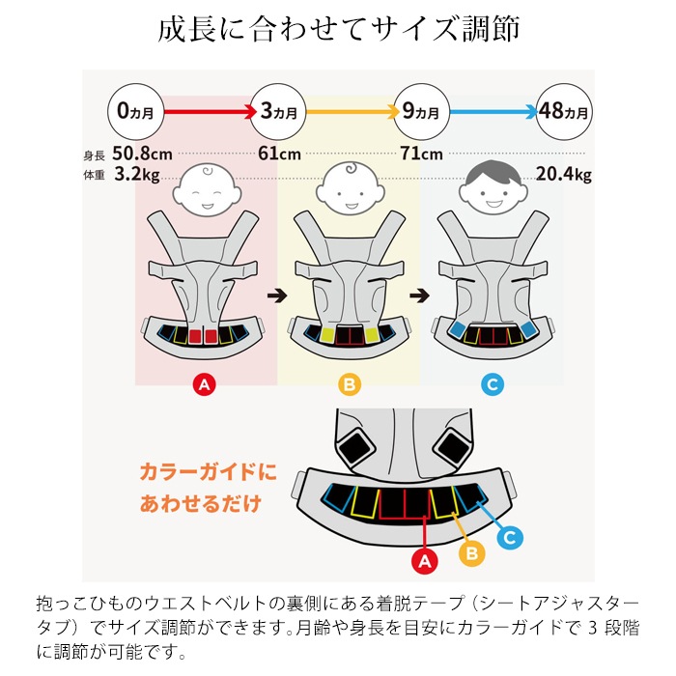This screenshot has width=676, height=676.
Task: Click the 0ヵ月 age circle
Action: click(136, 112)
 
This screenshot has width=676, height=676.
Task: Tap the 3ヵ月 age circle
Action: click(278, 112)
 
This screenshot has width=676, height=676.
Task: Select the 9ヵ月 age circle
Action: click(421, 112)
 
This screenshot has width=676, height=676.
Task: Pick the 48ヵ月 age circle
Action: click(564, 112)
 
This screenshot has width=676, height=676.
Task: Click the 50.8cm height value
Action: click(142, 154)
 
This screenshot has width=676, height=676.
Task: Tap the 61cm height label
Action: click(279, 154)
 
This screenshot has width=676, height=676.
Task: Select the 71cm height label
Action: click(421, 154)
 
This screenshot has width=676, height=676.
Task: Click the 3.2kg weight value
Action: click(137, 174)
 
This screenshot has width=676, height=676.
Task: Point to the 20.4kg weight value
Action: click(563, 174)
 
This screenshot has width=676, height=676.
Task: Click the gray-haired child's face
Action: click(493, 188)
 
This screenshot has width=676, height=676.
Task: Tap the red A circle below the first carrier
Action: click(205, 384)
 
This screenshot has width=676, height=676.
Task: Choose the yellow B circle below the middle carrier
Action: click(350, 384)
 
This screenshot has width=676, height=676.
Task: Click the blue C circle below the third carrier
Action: click(493, 384)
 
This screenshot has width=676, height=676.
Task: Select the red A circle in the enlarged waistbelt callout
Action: click(425, 561)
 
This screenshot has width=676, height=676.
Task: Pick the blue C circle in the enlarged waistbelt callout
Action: click(510, 537)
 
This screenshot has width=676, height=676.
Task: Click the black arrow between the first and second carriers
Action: click(277, 296)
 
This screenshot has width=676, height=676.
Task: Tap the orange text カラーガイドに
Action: click(209, 471)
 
